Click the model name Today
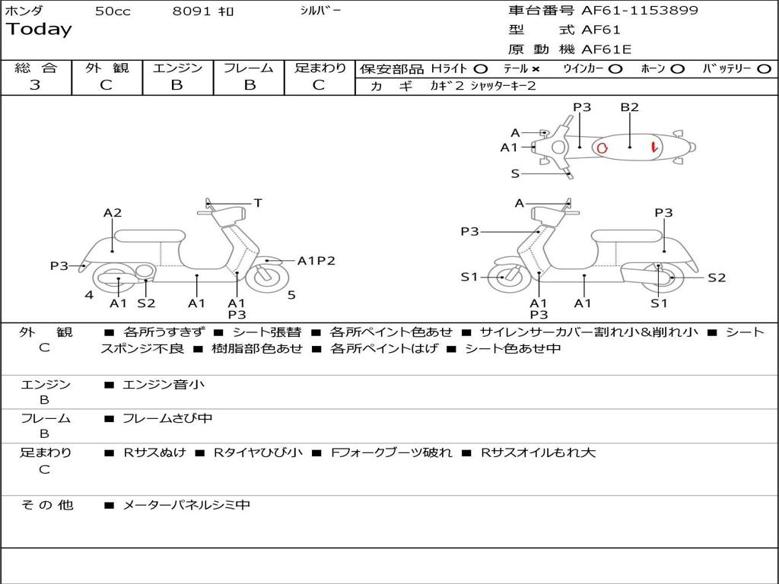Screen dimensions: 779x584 pyautogui.click(x=39, y=30)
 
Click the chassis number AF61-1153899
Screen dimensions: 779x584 pyautogui.click(x=639, y=11)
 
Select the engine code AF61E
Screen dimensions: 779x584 pyautogui.click(x=606, y=49)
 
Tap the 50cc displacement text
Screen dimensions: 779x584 pyautogui.click(x=113, y=11)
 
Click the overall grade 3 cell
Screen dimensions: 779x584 pyautogui.click(x=35, y=85)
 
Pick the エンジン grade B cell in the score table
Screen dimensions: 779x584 pyautogui.click(x=176, y=85)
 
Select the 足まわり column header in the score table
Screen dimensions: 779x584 pyautogui.click(x=320, y=68)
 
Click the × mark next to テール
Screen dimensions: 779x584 pyautogui.click(x=536, y=68)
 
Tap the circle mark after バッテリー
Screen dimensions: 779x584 pyautogui.click(x=764, y=68)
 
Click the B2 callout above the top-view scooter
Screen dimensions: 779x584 pyautogui.click(x=629, y=107)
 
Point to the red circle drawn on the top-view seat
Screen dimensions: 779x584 pyautogui.click(x=602, y=148)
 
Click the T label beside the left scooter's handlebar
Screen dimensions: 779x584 pyautogui.click(x=258, y=203)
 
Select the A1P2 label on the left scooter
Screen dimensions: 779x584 pyautogui.click(x=316, y=261)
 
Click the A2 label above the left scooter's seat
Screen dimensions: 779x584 pyautogui.click(x=113, y=213)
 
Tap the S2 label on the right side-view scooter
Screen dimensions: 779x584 pyautogui.click(x=717, y=278)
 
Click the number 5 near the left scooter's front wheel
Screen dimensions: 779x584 pyautogui.click(x=291, y=294)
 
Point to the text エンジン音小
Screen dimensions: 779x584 pyautogui.click(x=164, y=385)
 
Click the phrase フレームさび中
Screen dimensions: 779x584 pyautogui.click(x=167, y=418)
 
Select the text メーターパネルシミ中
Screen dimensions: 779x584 pyautogui.click(x=186, y=505)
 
